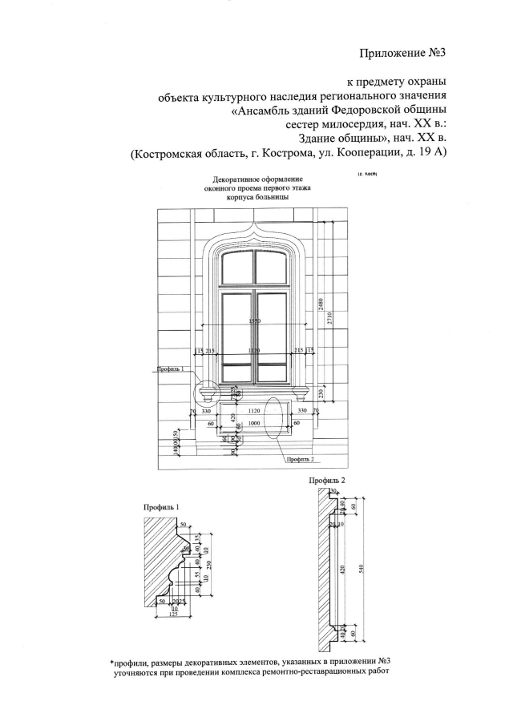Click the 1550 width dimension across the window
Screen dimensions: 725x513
[255, 321]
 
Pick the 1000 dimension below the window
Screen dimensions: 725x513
[255, 422]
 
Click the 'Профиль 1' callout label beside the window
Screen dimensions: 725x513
[172, 369]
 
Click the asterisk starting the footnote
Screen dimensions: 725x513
[113, 663]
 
